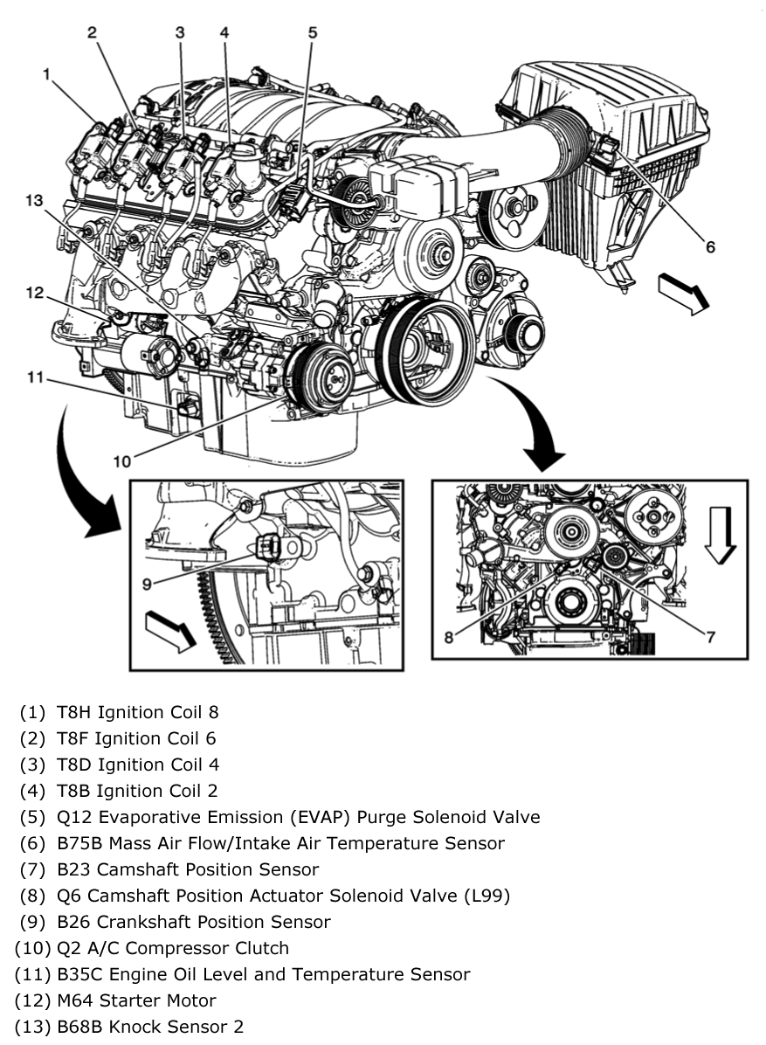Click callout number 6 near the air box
click(710, 247)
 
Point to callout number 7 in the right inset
click(711, 637)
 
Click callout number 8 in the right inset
click(448, 637)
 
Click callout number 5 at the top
click(313, 33)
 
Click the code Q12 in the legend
click(73, 817)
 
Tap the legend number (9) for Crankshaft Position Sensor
click(33, 922)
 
